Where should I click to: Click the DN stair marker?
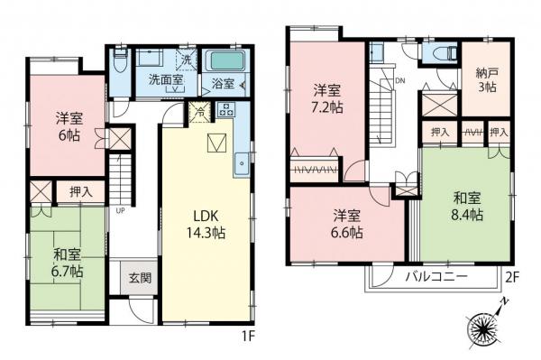coord(399,81)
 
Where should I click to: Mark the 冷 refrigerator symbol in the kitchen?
coord(200,112)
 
